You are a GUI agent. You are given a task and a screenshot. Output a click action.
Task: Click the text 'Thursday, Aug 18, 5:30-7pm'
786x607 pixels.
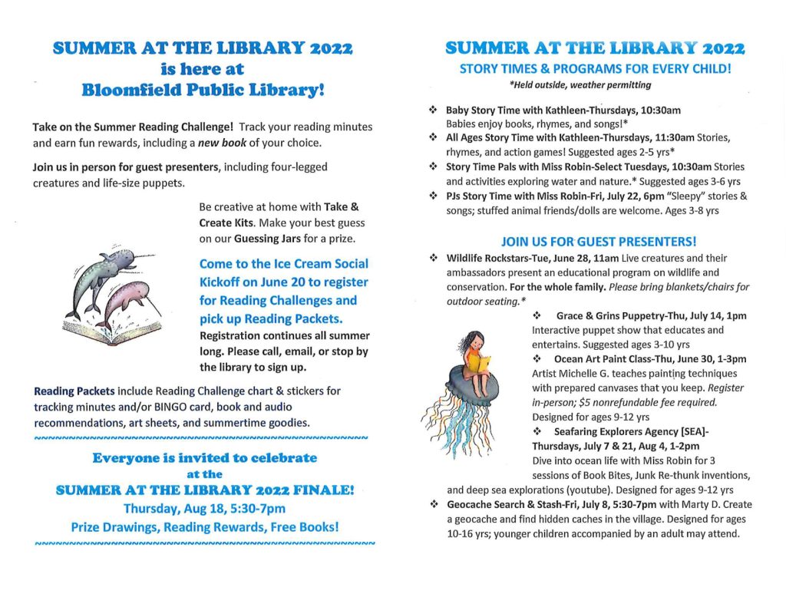click(204, 509)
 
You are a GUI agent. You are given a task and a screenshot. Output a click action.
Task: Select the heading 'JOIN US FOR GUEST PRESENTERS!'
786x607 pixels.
click(598, 241)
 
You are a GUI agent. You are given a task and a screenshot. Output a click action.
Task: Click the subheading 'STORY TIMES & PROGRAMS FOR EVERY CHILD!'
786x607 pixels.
click(595, 69)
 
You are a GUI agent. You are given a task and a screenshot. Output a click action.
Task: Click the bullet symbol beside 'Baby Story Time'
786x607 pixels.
click(433, 111)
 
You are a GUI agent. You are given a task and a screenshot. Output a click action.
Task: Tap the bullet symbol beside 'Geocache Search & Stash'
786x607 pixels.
click(433, 505)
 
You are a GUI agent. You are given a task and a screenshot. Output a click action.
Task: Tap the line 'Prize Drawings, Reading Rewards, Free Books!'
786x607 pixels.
click(204, 527)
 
